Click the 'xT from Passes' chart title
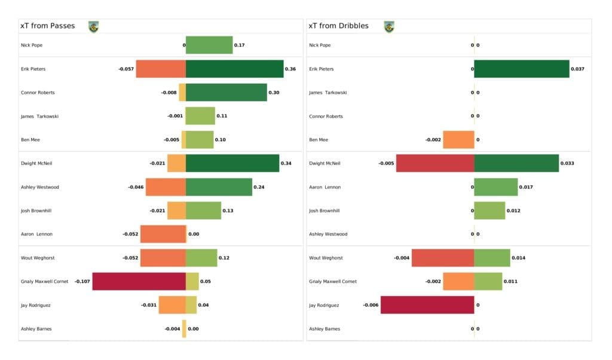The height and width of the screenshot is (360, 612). pyautogui.click(x=48, y=26)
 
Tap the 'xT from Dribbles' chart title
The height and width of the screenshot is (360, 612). pyautogui.click(x=338, y=26)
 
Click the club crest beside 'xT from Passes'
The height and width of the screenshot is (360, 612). pyautogui.click(x=93, y=26)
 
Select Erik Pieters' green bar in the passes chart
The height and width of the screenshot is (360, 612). pyautogui.click(x=234, y=69)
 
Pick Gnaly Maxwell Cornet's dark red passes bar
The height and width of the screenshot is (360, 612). pyautogui.click(x=139, y=281)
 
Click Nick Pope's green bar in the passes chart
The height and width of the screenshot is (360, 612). pyautogui.click(x=209, y=45)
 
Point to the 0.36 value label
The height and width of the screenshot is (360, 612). pyautogui.click(x=290, y=69)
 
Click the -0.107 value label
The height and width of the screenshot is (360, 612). pyautogui.click(x=82, y=281)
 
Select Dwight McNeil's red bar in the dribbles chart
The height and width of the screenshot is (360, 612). pyautogui.click(x=434, y=163)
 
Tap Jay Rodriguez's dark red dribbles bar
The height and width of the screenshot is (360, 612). pyautogui.click(x=427, y=305)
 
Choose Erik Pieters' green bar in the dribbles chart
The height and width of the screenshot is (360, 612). pyautogui.click(x=521, y=69)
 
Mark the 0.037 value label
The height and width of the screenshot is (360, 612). pyautogui.click(x=577, y=69)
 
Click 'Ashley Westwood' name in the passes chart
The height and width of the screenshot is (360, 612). pyautogui.click(x=39, y=187)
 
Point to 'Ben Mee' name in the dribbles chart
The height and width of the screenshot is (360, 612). pyautogui.click(x=319, y=139)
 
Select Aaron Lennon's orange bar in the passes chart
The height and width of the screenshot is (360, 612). pyautogui.click(x=163, y=234)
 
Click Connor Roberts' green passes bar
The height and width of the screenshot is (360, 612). pyautogui.click(x=226, y=92)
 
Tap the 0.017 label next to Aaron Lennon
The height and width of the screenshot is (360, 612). pyautogui.click(x=526, y=187)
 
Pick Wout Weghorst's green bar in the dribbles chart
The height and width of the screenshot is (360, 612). pyautogui.click(x=492, y=258)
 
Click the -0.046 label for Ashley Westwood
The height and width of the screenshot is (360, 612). pyautogui.click(x=136, y=187)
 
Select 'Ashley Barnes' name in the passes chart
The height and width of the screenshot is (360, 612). pyautogui.click(x=35, y=329)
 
